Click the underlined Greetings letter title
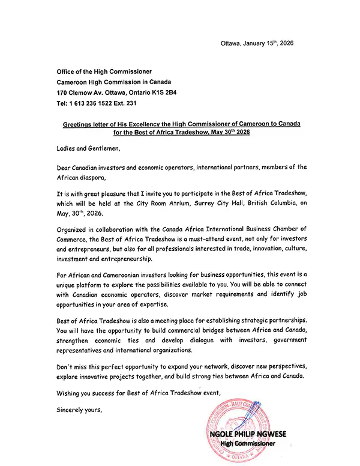coord(182,127)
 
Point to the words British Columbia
coord(259,207)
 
